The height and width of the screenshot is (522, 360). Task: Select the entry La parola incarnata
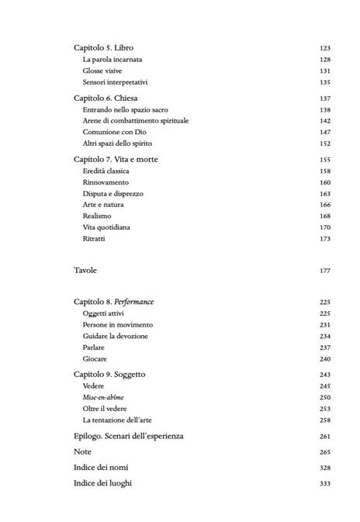click(x=112, y=59)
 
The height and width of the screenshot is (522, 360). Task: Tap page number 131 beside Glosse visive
click(x=324, y=70)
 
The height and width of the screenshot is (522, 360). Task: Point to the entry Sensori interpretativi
click(x=115, y=81)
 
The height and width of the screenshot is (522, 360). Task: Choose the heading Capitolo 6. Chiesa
click(x=106, y=99)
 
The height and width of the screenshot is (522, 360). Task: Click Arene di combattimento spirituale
click(x=136, y=121)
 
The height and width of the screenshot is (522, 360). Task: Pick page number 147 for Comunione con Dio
click(x=324, y=132)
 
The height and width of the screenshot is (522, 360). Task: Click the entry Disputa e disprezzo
click(x=113, y=193)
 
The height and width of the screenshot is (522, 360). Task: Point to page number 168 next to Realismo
click(x=324, y=216)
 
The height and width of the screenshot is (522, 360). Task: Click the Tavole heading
click(x=86, y=270)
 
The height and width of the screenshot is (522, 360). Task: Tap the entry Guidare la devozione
click(x=116, y=336)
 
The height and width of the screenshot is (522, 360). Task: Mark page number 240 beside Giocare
click(x=324, y=358)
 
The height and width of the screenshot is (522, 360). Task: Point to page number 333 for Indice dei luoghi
click(x=324, y=483)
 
